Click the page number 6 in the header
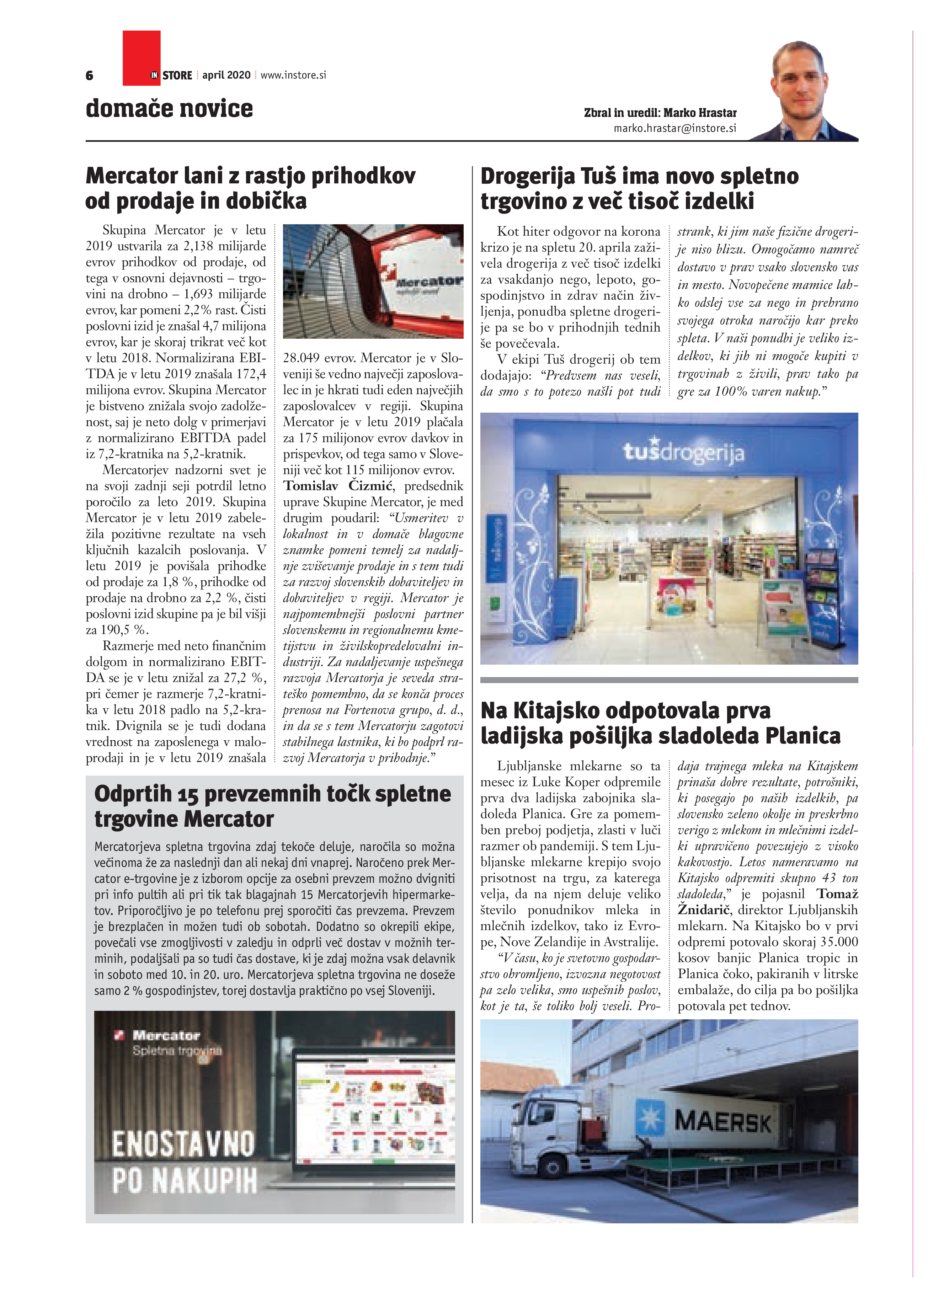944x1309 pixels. click(x=90, y=76)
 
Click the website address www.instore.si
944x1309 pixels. click(x=293, y=75)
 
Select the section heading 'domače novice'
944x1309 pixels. click(x=169, y=108)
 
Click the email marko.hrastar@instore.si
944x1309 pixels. click(x=674, y=128)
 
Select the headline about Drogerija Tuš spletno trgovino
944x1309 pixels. click(x=639, y=188)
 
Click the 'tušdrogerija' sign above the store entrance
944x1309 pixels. click(x=683, y=453)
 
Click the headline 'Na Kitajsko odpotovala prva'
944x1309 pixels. click(x=625, y=710)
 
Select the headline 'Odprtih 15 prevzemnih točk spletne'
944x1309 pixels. click(x=272, y=794)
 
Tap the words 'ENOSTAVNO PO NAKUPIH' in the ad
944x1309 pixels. click(x=183, y=1162)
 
